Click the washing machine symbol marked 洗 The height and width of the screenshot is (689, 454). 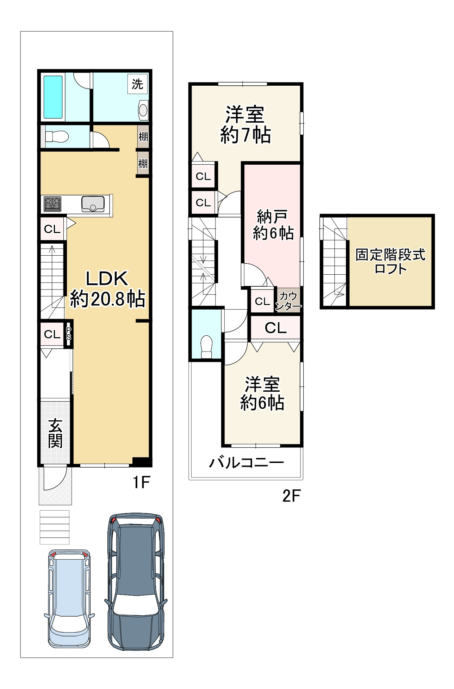(137, 84)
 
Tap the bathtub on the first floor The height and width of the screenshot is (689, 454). (53, 97)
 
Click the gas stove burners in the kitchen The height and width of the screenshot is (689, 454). (52, 204)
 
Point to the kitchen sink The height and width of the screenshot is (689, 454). (93, 204)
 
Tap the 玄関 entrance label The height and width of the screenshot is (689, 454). (55, 432)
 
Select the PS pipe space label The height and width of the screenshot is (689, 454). (69, 333)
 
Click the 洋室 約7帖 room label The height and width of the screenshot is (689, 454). (245, 125)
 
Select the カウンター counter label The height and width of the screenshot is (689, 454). (288, 301)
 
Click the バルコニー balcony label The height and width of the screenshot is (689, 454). (247, 462)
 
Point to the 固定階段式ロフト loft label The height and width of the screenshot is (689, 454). (391, 261)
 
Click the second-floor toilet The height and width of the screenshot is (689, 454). (206, 347)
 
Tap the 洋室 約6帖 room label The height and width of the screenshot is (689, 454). (262, 394)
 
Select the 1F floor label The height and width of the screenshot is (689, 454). (142, 482)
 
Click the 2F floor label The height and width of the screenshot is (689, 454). (291, 496)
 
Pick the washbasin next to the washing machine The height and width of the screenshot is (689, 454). (143, 109)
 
